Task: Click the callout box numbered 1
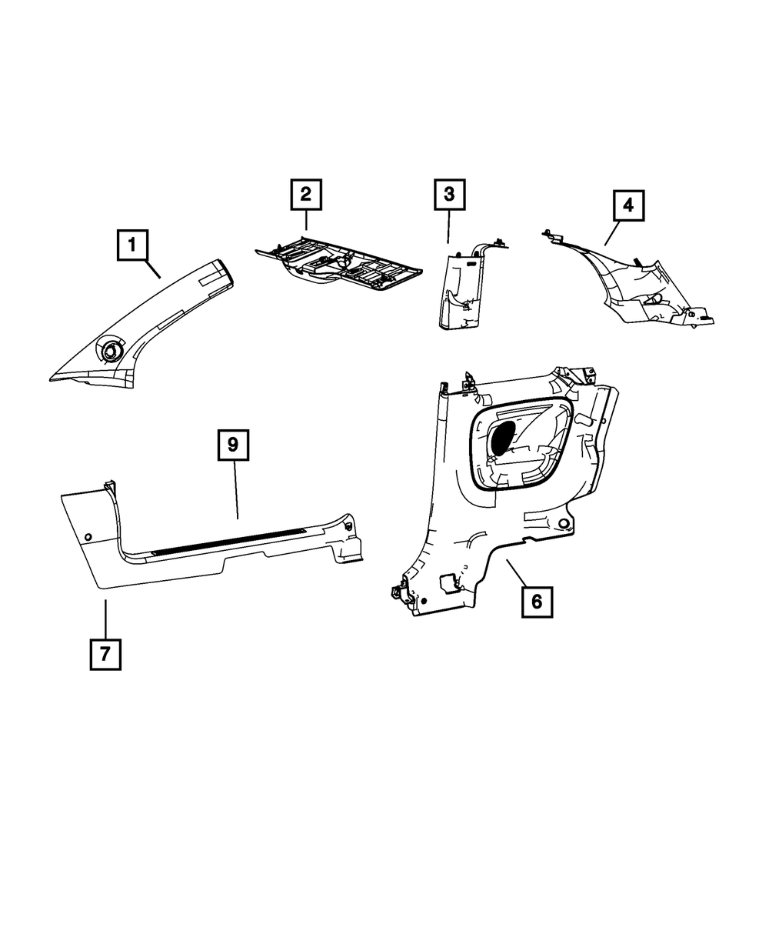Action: [x=132, y=246]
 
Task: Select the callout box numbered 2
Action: [x=305, y=194]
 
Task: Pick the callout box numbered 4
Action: [x=628, y=205]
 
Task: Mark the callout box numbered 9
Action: [x=234, y=445]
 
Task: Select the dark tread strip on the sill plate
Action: [x=231, y=542]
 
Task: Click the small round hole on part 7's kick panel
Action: [x=87, y=535]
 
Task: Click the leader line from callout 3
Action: [x=449, y=228]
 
